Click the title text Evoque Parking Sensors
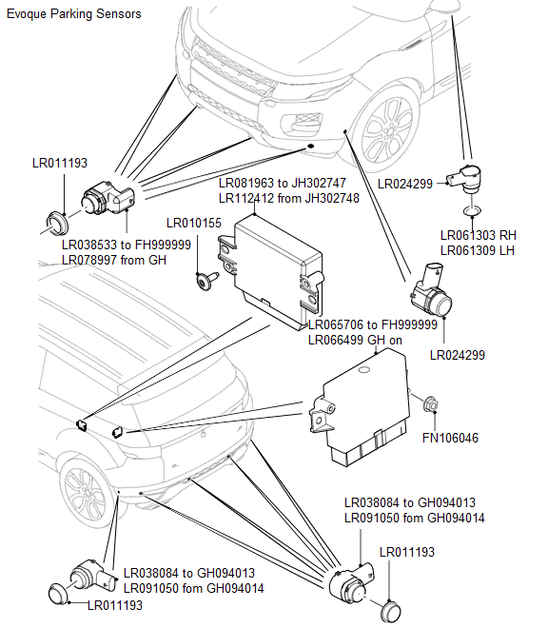coord(73,13)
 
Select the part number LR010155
coord(193,224)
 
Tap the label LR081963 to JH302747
coord(282,183)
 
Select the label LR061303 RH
coord(478,235)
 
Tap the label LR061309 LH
coord(478,250)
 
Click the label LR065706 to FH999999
coord(372,324)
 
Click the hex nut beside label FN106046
coord(429,405)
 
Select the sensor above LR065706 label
coord(431,299)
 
